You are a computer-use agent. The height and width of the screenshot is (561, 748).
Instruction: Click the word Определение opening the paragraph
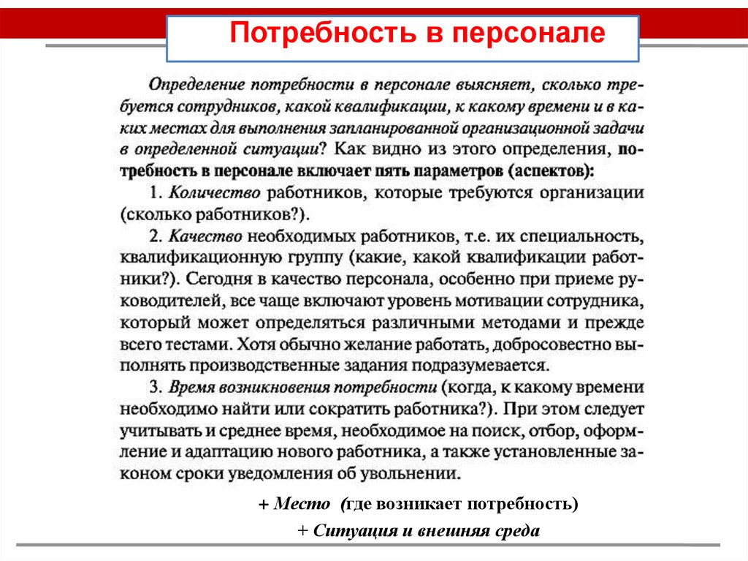point(189,86)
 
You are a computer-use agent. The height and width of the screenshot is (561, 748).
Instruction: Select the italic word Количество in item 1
point(215,193)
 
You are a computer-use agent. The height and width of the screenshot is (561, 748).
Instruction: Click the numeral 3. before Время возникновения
point(156,386)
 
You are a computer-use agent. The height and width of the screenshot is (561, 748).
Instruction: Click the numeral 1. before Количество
point(155,193)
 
